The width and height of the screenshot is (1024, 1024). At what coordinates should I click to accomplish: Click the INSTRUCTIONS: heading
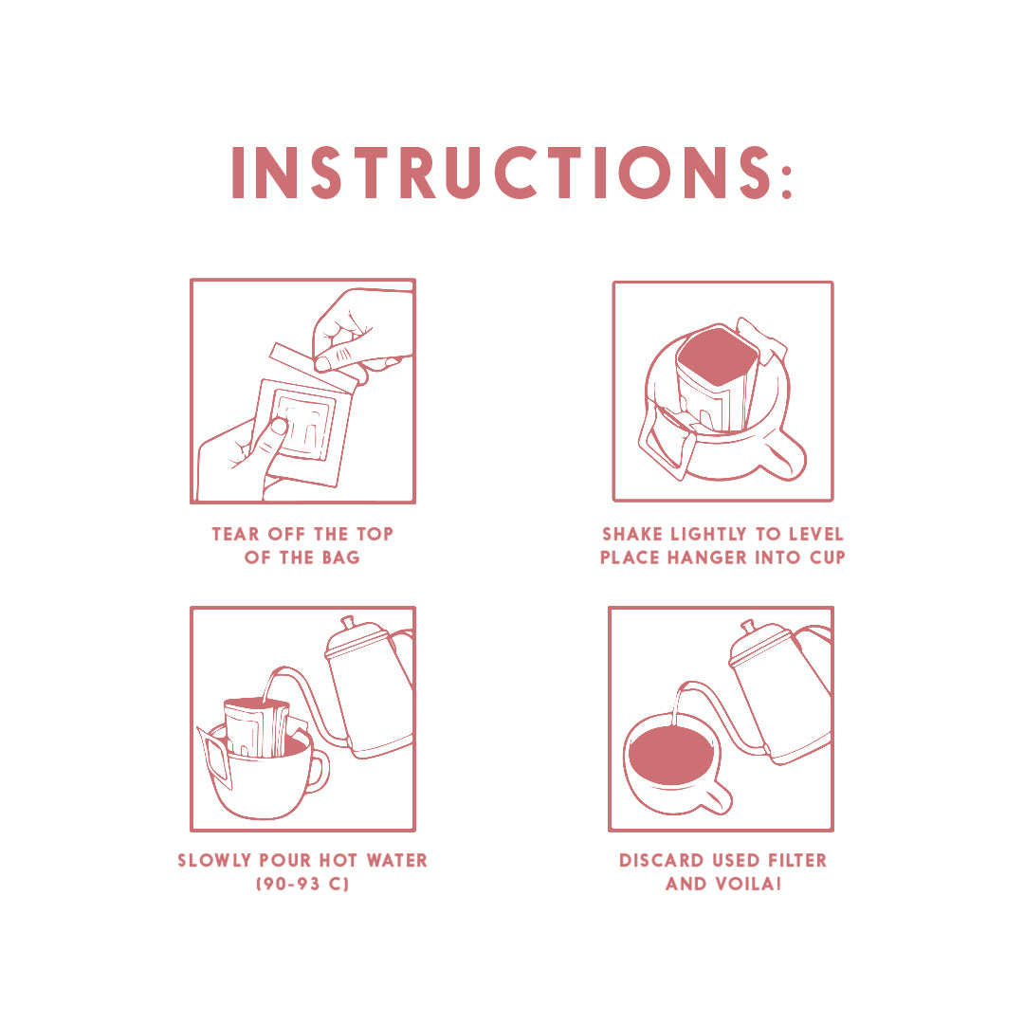512,172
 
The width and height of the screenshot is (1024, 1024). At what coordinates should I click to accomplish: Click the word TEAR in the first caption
236,534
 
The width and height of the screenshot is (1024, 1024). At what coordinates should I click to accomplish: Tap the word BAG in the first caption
340,558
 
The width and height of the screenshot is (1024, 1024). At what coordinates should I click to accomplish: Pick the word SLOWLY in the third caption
214,861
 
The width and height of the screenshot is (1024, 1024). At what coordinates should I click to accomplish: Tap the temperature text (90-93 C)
302,885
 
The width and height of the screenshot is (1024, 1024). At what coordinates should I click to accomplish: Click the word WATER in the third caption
396,861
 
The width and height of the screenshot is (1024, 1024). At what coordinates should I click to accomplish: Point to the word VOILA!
748,885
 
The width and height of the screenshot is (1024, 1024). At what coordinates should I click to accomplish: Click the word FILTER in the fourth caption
796,861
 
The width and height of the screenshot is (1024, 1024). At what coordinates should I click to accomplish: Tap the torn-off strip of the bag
313,364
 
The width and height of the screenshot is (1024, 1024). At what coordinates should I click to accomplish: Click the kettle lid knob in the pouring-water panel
347,621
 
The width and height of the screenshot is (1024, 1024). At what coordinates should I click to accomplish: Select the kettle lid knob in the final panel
748,626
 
